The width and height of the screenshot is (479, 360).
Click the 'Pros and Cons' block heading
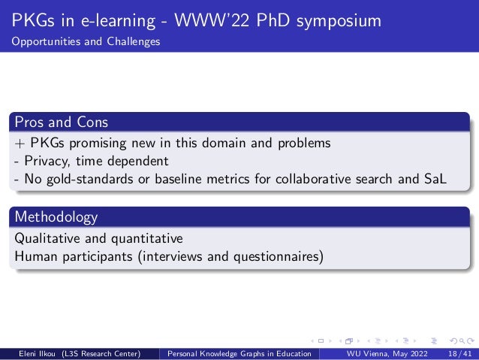click(59, 122)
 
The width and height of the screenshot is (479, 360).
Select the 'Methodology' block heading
click(56, 218)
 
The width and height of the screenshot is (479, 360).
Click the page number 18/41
click(457, 353)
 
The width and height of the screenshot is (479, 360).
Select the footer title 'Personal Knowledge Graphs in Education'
click(240, 353)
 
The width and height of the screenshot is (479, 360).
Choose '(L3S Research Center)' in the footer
click(110, 353)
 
